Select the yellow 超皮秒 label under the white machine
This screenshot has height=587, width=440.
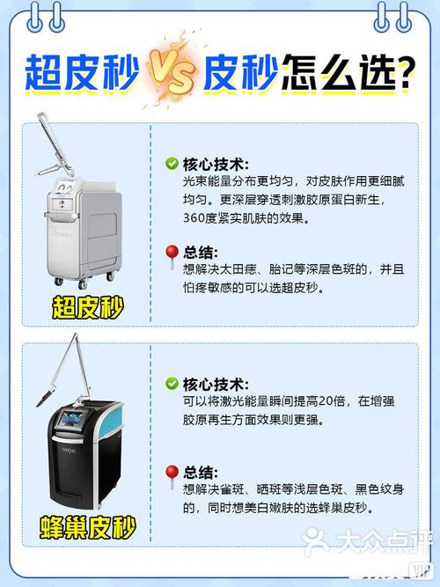87,308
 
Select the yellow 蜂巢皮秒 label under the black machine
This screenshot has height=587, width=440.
87,528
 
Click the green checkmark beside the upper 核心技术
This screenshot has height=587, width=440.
172,163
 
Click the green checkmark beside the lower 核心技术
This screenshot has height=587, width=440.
172,384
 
